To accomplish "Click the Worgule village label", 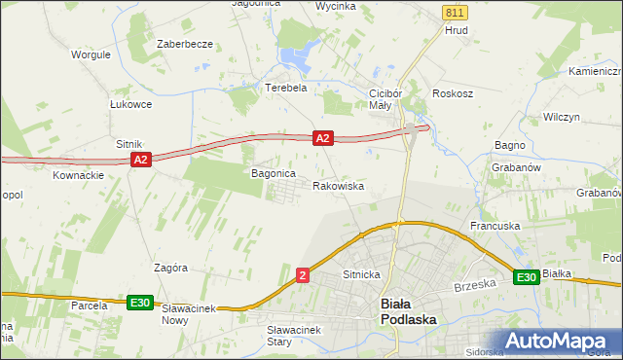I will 90,54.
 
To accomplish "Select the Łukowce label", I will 130,104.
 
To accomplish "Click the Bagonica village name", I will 273,173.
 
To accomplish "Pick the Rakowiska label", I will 338,185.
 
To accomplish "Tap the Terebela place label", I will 286,87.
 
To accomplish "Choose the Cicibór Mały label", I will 380,99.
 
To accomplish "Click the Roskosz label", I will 453,94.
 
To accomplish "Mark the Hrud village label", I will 457,30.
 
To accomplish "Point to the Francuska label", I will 495,226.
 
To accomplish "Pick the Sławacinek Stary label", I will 294,336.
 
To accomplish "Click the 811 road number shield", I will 454,12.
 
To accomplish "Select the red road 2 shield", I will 304,277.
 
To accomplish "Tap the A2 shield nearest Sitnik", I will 140,159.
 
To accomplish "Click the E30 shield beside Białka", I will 527,277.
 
